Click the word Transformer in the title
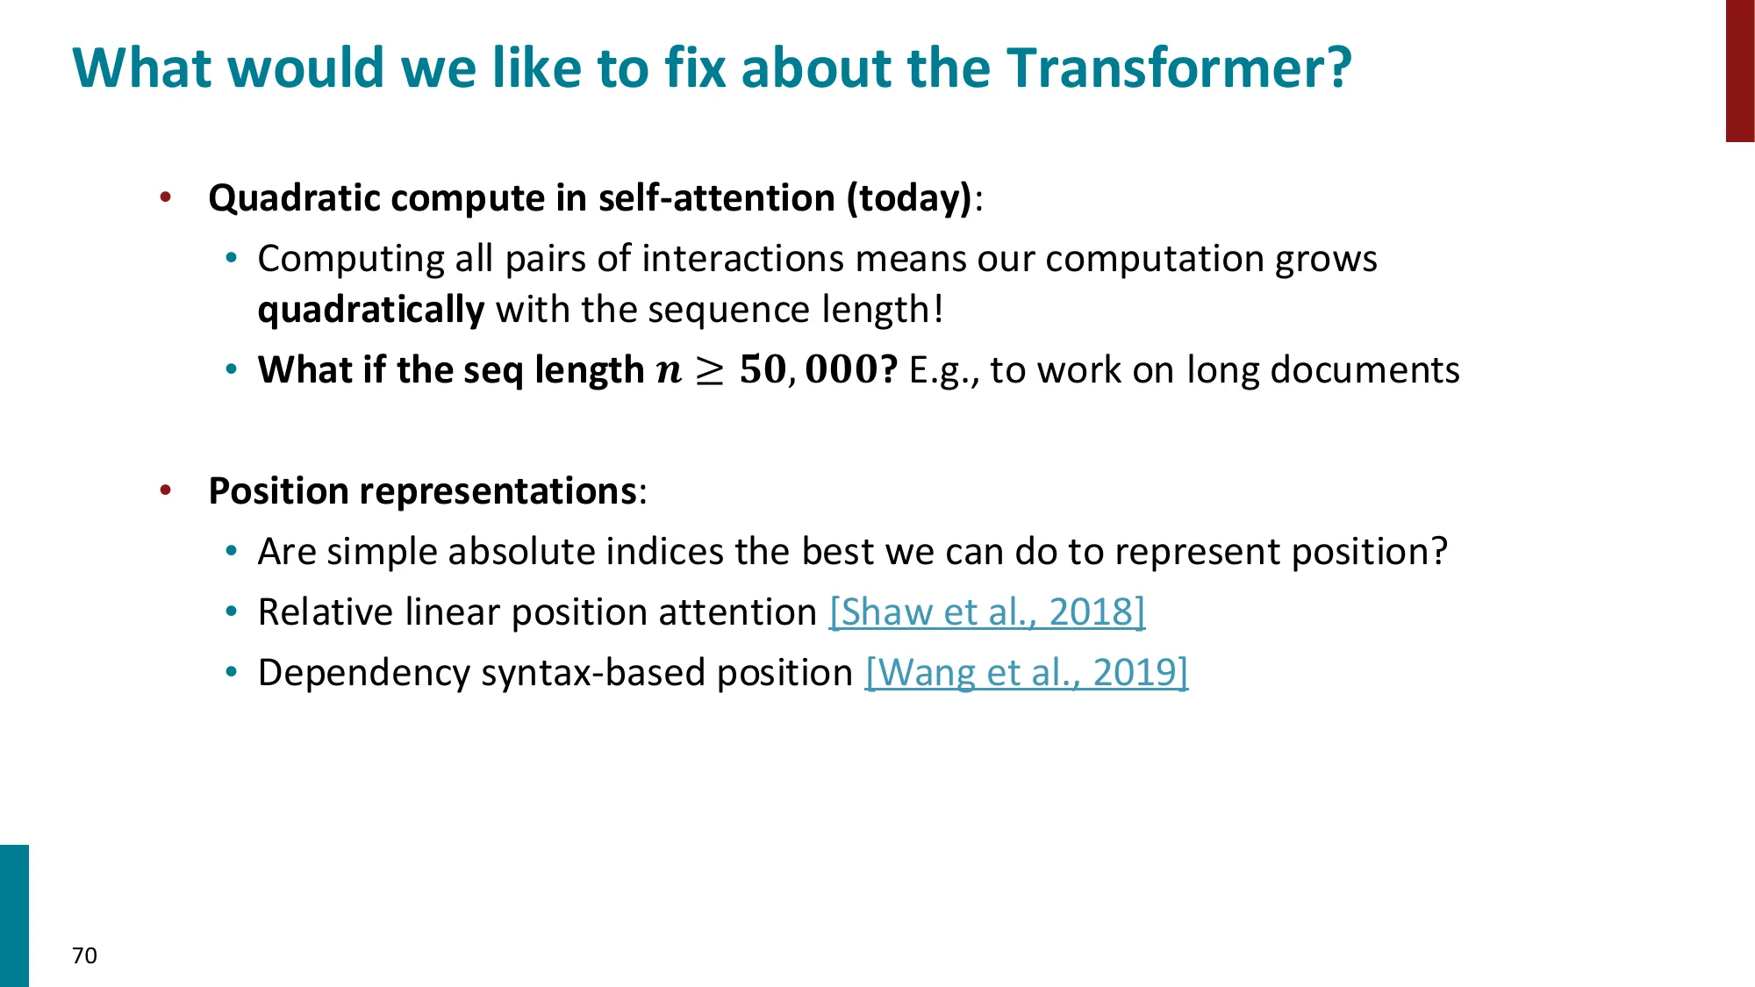click(1178, 68)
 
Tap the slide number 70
click(84, 955)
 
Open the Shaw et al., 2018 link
click(987, 612)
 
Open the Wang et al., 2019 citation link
click(1027, 672)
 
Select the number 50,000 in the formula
click(808, 369)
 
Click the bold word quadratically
click(371, 310)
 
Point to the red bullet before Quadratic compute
click(166, 197)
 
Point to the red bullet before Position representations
click(166, 490)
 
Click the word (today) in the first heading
click(910, 198)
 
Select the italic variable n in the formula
click(669, 371)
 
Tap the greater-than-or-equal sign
click(710, 371)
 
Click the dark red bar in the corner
click(1740, 70)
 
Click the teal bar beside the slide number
click(14, 916)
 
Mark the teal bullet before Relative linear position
click(232, 612)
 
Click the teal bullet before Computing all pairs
click(232, 258)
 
